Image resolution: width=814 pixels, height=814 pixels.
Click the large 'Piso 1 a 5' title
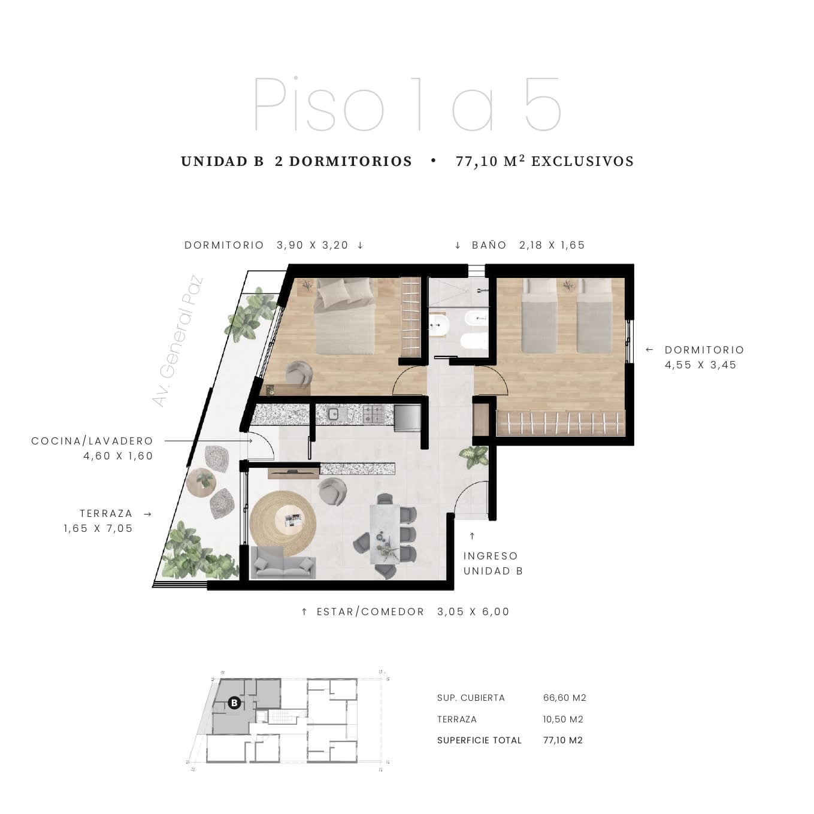pos(407,104)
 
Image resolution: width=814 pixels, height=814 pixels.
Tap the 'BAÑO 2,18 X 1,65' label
pos(528,245)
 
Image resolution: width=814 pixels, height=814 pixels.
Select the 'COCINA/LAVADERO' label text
pos(92,441)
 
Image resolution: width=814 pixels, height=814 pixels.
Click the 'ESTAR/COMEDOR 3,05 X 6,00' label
pos(413,611)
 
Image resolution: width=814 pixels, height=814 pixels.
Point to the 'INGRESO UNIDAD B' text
pos(493,563)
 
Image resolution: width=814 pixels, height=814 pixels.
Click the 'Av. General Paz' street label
pos(177,341)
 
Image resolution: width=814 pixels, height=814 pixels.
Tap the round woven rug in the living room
pos(283,523)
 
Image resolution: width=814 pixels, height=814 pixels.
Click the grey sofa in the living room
pos(283,562)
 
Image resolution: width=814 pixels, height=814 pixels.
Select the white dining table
pos(385,534)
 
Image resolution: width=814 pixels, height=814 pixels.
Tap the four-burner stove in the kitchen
pos(373,414)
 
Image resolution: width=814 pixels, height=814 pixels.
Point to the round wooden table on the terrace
pos(201,482)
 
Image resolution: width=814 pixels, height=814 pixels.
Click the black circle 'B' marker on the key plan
pos(234,703)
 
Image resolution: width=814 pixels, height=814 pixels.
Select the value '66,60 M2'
pos(564,698)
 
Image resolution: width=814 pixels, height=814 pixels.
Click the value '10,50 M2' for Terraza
pos(562,719)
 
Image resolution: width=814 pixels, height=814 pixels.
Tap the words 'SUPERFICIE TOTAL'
pos(479,740)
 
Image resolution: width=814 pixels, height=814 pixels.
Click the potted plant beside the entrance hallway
pos(474,456)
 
